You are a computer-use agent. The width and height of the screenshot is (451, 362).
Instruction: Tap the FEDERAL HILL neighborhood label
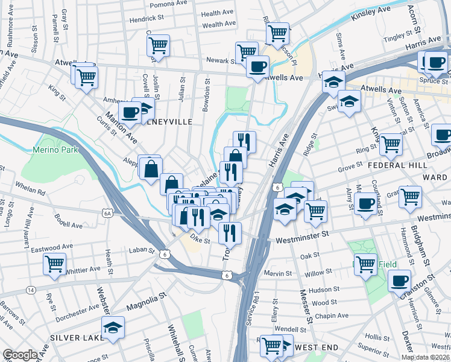[x=384, y=165]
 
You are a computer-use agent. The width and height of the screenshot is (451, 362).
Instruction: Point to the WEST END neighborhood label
[x=316, y=348]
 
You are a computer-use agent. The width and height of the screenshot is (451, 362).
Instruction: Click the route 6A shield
[x=108, y=213]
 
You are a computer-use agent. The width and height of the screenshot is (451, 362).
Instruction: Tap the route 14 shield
[x=30, y=290]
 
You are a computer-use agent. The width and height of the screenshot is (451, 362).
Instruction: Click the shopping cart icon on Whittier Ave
[x=54, y=264]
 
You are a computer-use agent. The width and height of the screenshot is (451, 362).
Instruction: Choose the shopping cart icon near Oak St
[x=365, y=264]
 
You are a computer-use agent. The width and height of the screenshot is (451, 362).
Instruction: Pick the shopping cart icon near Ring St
[x=391, y=144]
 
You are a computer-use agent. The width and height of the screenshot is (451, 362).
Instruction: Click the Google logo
[x=20, y=354]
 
